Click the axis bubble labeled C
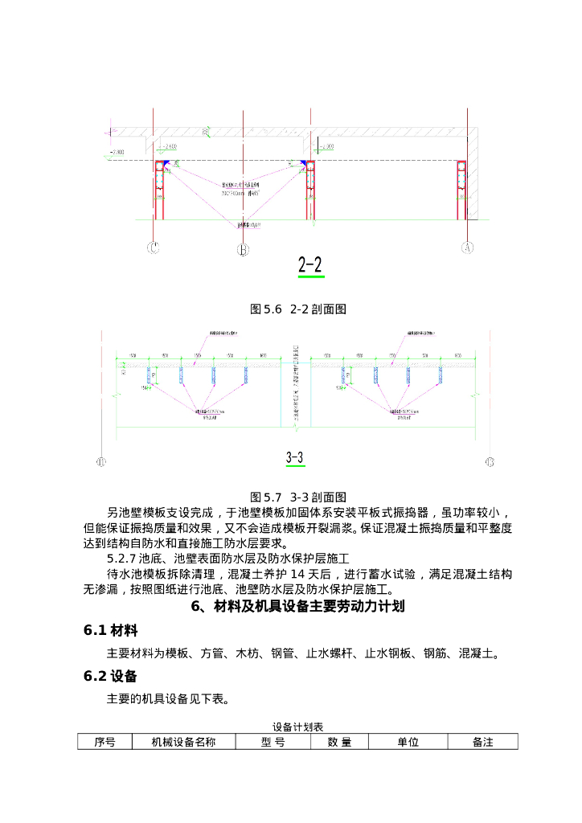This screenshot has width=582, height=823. tap(153, 248)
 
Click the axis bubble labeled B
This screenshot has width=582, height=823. tap(243, 250)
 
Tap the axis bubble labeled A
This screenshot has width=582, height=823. tap(467, 248)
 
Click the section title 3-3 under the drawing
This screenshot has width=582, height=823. tap(294, 458)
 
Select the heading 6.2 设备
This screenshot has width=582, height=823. tap(111, 676)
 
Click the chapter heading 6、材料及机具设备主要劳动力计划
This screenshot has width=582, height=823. tap(297, 607)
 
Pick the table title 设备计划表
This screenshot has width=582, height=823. tap(297, 727)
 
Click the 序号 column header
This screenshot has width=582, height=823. tap(105, 742)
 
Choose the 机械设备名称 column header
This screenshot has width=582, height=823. tap(184, 742)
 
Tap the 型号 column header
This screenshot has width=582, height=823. tap(273, 742)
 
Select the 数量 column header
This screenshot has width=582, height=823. tap(339, 742)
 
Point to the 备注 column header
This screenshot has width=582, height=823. tap(482, 742)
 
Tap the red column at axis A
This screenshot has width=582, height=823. tap(461, 190)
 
